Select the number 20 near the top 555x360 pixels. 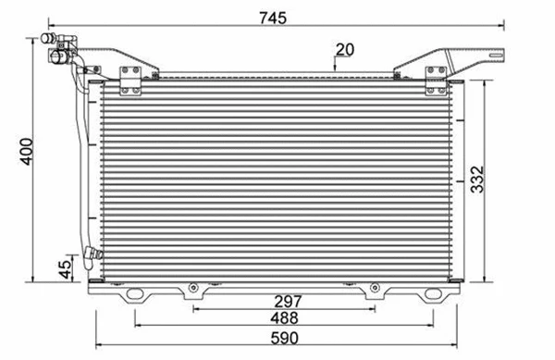344,50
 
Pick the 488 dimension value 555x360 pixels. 284,318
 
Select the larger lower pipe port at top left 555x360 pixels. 58,56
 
